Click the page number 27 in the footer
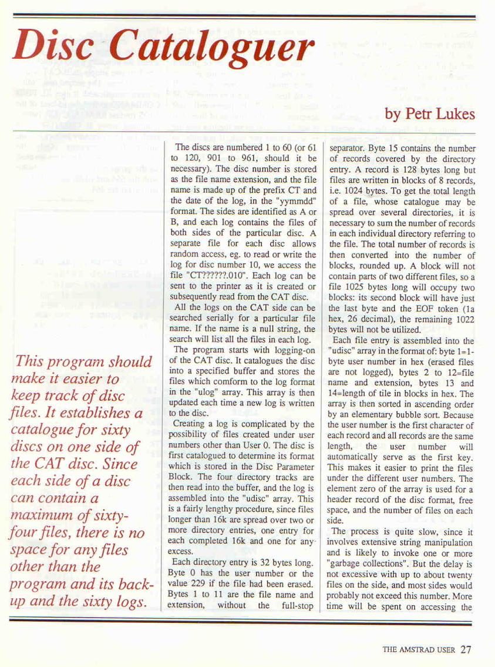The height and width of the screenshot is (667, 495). click(x=466, y=649)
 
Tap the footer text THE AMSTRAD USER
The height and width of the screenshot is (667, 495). click(x=419, y=650)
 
